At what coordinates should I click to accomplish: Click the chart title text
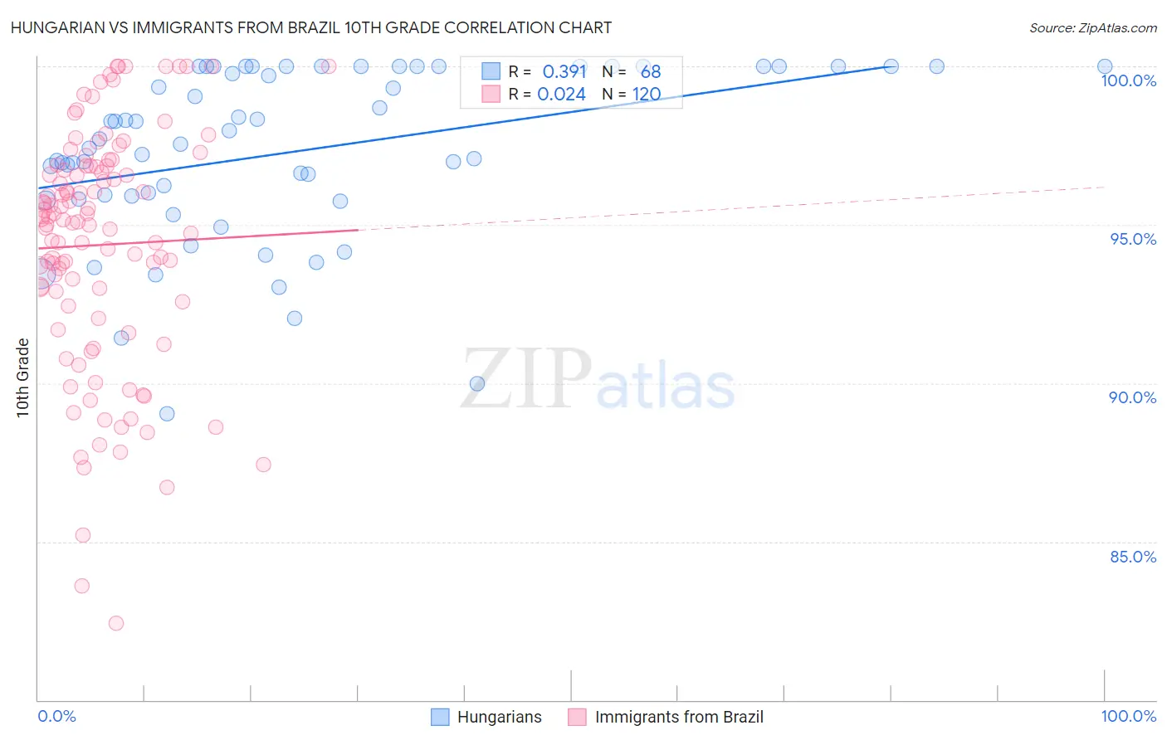click(312, 27)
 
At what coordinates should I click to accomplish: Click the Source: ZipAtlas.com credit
click(1092, 27)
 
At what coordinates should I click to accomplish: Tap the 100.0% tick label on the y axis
click(1128, 80)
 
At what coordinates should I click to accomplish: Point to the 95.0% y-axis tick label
click(1132, 239)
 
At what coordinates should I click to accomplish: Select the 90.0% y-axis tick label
click(1132, 397)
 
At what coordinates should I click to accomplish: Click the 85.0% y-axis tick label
click(1132, 557)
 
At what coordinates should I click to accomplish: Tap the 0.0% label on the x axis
click(56, 716)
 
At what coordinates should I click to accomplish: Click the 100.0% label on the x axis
click(1128, 716)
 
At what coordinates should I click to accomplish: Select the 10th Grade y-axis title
click(23, 378)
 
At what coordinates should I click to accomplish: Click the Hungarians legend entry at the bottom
click(486, 717)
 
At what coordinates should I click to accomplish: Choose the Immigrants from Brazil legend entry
click(666, 717)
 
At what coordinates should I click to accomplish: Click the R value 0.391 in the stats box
click(564, 72)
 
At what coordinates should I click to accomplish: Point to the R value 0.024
click(561, 95)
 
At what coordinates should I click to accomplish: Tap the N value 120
click(647, 95)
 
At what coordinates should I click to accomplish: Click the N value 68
click(651, 72)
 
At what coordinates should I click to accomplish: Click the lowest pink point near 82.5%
click(116, 623)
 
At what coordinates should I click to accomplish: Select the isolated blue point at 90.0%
click(477, 383)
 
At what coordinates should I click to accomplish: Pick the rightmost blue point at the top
click(1105, 66)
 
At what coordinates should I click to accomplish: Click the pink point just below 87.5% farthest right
click(263, 465)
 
